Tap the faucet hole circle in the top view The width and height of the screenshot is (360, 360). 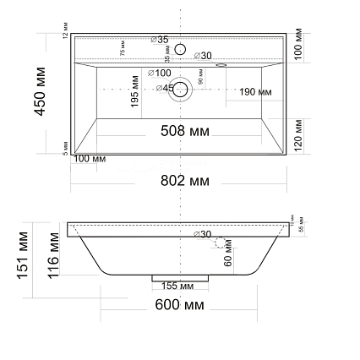click(180, 49)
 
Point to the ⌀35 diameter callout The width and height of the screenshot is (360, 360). click(159, 39)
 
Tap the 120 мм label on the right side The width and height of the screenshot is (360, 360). click(297, 134)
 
